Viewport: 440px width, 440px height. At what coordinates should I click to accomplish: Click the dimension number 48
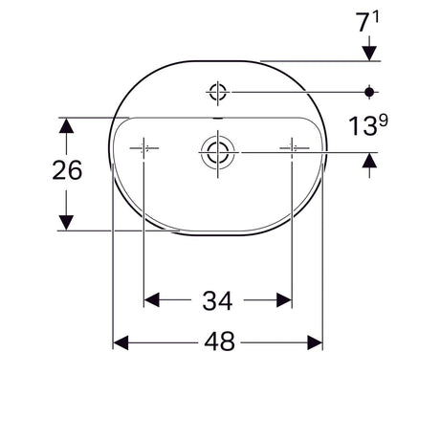coord(219,341)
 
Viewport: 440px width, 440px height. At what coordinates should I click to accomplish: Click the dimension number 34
coord(217,300)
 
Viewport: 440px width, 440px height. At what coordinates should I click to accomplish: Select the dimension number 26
coord(67,170)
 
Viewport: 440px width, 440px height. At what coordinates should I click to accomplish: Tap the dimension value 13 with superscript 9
coord(368,125)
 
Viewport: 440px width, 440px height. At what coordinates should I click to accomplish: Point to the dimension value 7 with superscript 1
coord(368,22)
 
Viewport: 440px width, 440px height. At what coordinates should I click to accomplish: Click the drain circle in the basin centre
coord(218,152)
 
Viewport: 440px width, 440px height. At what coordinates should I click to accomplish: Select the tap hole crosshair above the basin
coord(218,92)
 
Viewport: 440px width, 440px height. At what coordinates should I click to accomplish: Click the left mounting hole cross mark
coord(143,148)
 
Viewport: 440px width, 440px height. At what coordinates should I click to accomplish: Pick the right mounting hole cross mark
coord(292,148)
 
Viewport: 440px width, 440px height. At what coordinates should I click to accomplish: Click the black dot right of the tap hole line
coord(369,92)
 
